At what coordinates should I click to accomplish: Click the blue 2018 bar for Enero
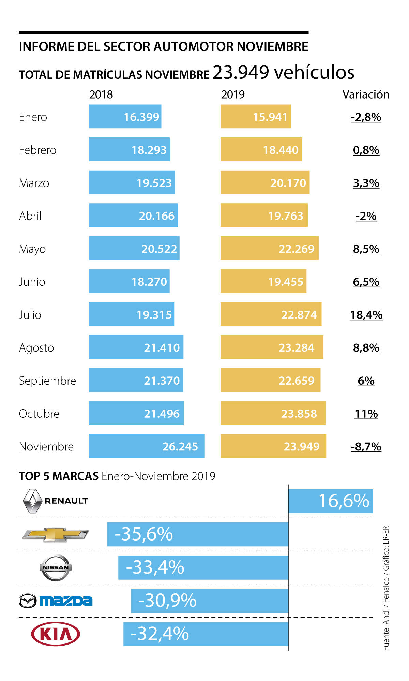click(125, 117)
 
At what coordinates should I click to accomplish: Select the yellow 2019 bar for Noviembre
click(273, 446)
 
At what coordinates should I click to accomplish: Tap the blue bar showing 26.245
click(147, 446)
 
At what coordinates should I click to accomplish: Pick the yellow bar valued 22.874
click(271, 314)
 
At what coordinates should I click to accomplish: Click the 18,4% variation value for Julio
click(366, 315)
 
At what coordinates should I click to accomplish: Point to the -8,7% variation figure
click(366, 446)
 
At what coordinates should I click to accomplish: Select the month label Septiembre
click(47, 381)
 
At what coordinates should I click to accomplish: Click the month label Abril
click(30, 216)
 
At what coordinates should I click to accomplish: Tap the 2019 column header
click(233, 94)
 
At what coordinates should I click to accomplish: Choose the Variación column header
click(366, 94)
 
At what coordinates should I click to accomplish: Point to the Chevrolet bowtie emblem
click(55, 534)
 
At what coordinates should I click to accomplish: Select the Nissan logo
click(56, 567)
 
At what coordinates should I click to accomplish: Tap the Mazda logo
click(56, 601)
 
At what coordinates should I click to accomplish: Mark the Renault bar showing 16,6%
click(330, 501)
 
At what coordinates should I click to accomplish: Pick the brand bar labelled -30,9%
click(209, 601)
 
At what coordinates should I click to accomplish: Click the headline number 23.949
click(241, 72)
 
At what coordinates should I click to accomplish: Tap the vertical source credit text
click(386, 588)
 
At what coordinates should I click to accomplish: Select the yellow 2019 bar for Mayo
click(269, 248)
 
